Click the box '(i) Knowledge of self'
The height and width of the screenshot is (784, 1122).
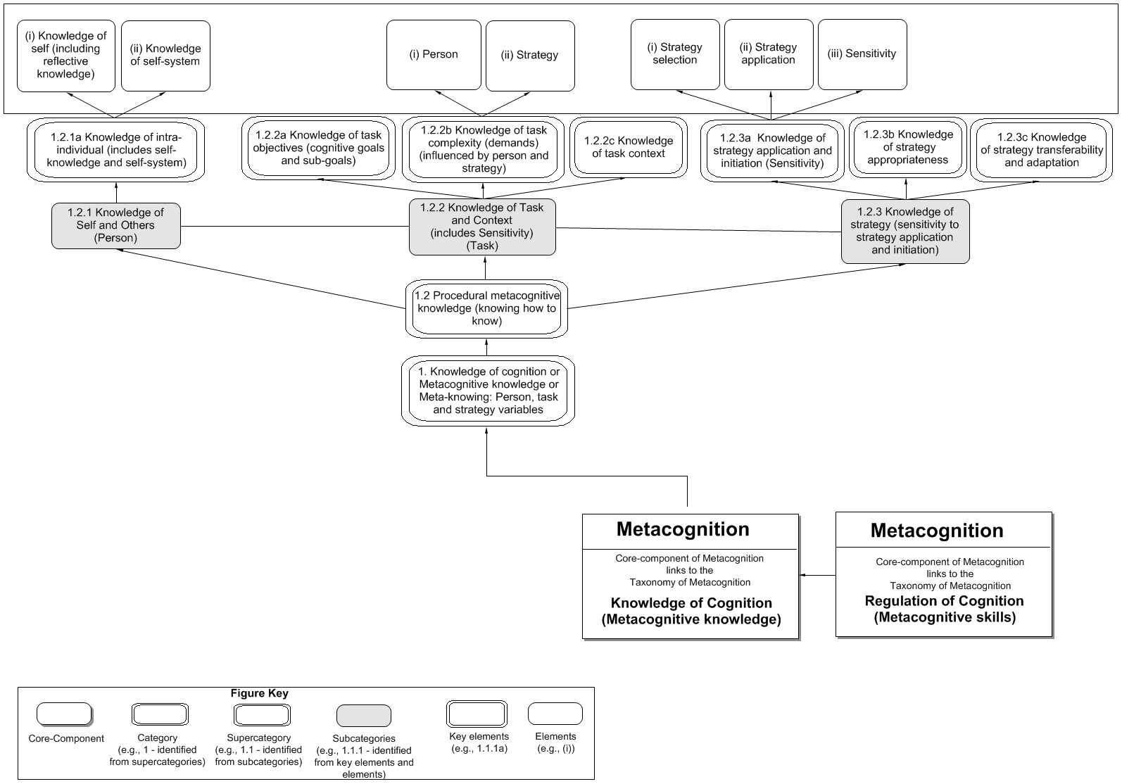pos(65,56)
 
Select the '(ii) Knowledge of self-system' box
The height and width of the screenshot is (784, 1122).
pos(165,56)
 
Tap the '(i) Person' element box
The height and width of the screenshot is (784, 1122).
pos(434,55)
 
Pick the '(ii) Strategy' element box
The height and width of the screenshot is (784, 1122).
pos(530,55)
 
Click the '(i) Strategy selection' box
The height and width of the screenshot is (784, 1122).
pos(675,54)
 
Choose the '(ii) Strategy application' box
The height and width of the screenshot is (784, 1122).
pos(768,54)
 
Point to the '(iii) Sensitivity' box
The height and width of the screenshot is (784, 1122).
pos(862,54)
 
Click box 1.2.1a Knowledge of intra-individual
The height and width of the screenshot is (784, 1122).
pos(116,150)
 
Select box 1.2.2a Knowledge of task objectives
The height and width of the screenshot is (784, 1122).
pos(319,148)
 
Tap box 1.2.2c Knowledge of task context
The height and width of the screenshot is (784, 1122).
pos(628,147)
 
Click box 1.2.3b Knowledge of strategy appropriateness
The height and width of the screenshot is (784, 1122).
pos(907,147)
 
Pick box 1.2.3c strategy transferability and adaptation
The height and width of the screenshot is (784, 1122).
pos(1042,150)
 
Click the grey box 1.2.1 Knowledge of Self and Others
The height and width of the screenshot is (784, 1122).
pos(116,225)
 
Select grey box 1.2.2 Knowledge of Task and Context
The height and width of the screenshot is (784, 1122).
pos(482,227)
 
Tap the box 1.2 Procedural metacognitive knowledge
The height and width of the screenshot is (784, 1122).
pos(486,308)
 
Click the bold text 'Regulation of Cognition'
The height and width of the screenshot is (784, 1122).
pos(944,601)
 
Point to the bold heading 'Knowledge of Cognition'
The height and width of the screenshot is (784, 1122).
pos(691,603)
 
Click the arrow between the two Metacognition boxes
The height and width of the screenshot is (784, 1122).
pos(818,576)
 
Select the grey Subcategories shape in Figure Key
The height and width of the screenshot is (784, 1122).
pos(363,716)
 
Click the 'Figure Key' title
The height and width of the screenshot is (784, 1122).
pos(259,693)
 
